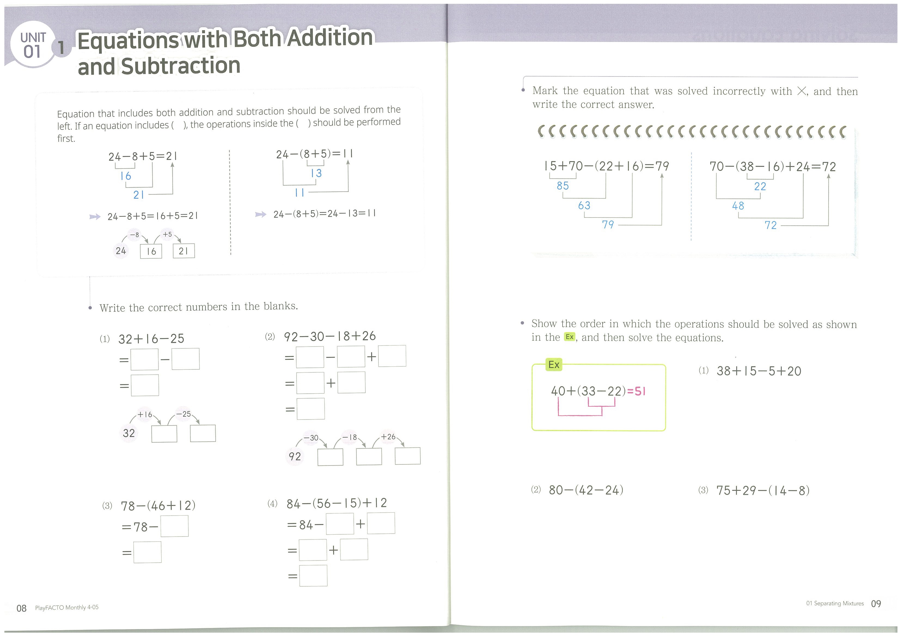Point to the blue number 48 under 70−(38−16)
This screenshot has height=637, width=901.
coord(738,206)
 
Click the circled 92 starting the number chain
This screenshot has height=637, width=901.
coord(295,457)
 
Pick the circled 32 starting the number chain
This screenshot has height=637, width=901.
coord(129,433)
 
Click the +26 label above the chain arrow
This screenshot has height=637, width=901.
coord(388,437)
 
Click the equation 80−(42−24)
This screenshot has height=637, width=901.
coord(586,490)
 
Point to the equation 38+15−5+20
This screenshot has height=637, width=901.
coord(759,371)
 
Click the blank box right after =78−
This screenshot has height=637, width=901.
coord(174,526)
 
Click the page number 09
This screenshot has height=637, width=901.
coord(876,604)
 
